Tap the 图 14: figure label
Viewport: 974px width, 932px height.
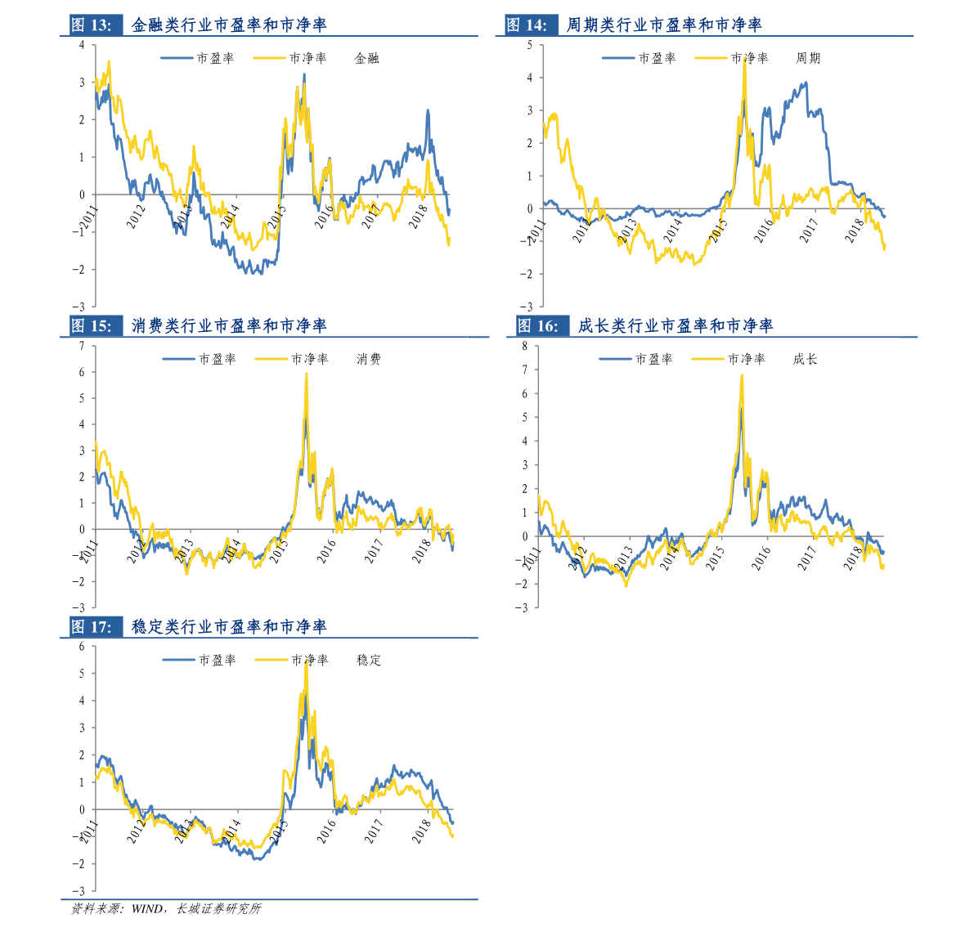(x=527, y=25)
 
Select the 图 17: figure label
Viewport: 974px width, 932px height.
(x=92, y=627)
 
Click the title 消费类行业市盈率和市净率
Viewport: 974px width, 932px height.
(x=229, y=326)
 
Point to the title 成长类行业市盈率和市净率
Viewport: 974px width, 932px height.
(x=676, y=326)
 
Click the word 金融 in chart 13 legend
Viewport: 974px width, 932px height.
(x=366, y=59)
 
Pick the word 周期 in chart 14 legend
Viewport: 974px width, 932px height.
(x=808, y=59)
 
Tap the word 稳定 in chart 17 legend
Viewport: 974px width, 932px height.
(x=369, y=661)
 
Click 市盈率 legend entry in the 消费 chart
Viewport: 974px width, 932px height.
(x=217, y=360)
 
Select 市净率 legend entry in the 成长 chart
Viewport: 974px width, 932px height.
(x=746, y=360)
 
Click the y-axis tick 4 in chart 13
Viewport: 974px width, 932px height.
(x=83, y=45)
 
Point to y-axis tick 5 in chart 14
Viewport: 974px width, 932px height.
(x=530, y=45)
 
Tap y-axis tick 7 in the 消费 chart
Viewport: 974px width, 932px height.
(x=83, y=346)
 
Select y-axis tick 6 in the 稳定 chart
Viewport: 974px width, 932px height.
(x=83, y=647)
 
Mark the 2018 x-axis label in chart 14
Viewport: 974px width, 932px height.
(x=855, y=230)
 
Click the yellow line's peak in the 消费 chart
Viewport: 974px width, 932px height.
(x=306, y=374)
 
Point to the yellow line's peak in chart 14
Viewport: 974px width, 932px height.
(x=744, y=59)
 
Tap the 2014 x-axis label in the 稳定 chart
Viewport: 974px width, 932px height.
(x=231, y=831)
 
